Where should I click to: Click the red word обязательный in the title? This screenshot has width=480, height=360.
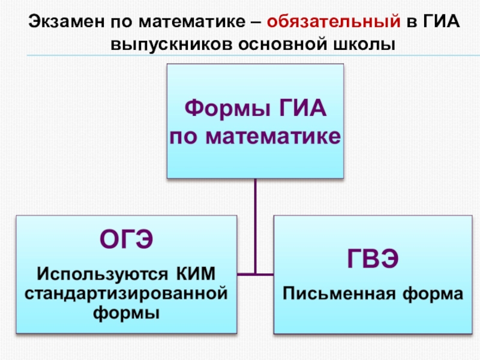pos(333,23)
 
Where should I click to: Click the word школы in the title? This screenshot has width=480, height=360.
pos(366,44)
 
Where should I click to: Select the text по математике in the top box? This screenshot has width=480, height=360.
pos(255,137)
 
